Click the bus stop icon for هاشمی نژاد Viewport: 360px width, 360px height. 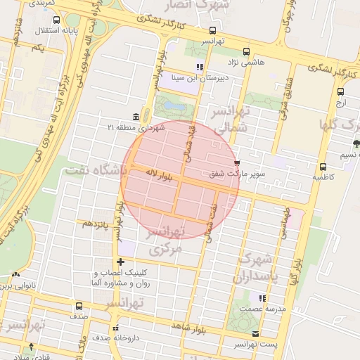246,51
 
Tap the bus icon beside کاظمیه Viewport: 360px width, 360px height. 323,167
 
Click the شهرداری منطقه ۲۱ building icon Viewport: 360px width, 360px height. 135,117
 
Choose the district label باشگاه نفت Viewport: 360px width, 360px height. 95,170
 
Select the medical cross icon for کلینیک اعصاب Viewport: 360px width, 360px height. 121,262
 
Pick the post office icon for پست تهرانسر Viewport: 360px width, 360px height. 255,334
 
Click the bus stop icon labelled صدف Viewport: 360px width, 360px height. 78,307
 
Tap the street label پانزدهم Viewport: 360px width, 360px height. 97,223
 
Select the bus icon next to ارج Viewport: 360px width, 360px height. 341,91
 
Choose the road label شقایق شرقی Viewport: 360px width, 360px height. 285,98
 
